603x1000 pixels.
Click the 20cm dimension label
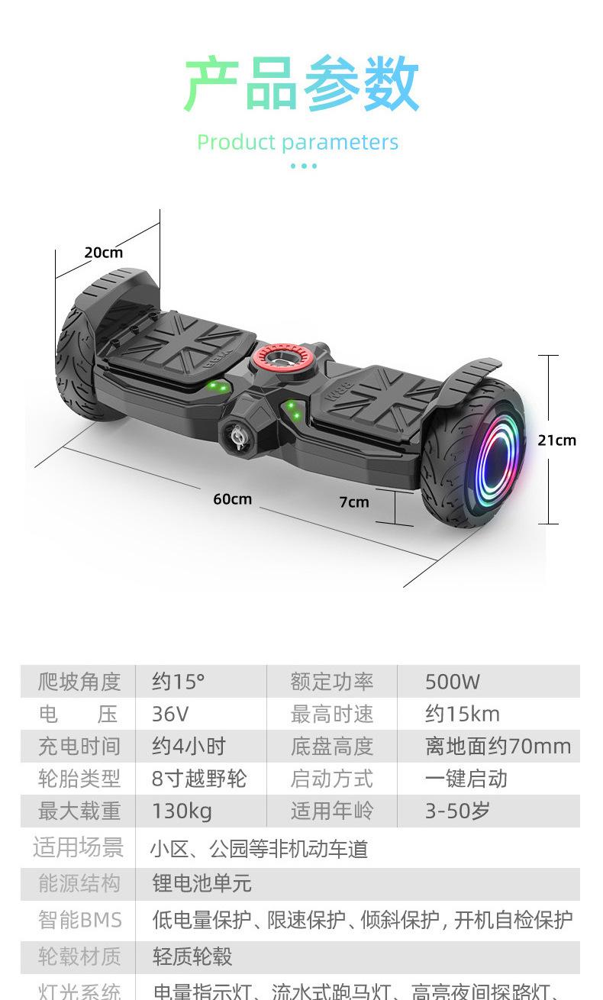click(x=103, y=253)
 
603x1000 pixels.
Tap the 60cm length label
click(x=232, y=499)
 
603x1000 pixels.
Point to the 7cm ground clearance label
click(x=354, y=502)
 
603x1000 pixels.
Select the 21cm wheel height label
click(x=557, y=440)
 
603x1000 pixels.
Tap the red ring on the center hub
click(x=276, y=357)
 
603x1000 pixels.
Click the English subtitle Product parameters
click(x=298, y=142)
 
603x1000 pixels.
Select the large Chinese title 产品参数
click(x=301, y=85)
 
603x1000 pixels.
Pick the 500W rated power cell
click(x=453, y=682)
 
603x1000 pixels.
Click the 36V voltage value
click(x=169, y=715)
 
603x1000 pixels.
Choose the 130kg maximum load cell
click(x=182, y=811)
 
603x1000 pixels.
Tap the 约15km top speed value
click(x=463, y=715)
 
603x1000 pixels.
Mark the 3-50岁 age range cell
click(x=457, y=811)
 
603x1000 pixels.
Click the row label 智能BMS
click(x=79, y=920)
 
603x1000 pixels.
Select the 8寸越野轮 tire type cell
click(x=198, y=779)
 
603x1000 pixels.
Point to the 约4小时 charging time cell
click(x=189, y=747)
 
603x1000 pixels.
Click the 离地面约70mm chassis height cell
click(x=498, y=747)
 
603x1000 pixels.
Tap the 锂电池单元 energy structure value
click(x=202, y=884)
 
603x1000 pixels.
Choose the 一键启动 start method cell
click(x=466, y=779)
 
